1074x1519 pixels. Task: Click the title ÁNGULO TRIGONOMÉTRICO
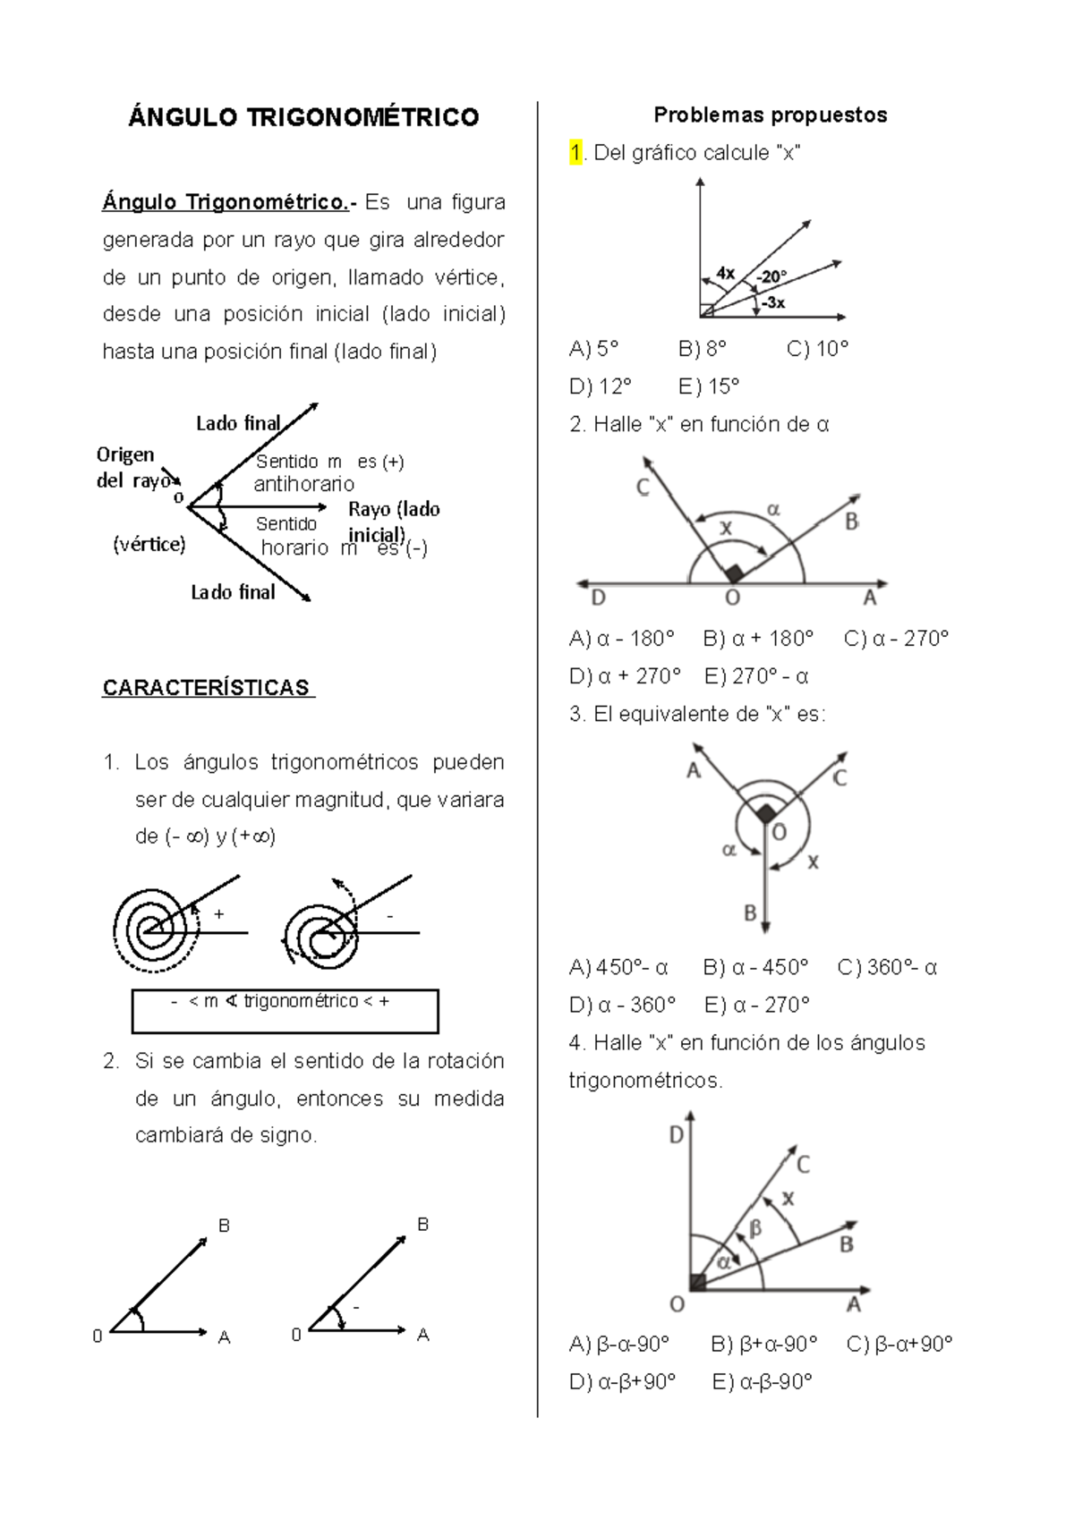[303, 117]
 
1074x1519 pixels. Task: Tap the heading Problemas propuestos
[770, 115]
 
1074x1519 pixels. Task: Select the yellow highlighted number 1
[575, 153]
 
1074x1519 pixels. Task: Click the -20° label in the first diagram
[771, 276]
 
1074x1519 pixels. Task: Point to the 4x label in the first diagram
[726, 273]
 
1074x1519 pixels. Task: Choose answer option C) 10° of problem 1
[817, 349]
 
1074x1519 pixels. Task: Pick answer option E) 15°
[709, 386]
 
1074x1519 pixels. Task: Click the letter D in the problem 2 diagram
[598, 598]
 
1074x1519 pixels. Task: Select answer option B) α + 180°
[758, 639]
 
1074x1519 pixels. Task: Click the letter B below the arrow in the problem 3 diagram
[750, 913]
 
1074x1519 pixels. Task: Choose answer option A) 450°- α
[618, 967]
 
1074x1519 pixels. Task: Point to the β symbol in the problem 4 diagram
[754, 1229]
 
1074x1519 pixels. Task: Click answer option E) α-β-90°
[762, 1382]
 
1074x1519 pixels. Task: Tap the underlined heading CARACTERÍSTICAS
[208, 688]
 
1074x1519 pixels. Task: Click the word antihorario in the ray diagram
[304, 484]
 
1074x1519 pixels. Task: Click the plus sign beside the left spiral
[218, 914]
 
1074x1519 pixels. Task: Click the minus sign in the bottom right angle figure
[355, 1308]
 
